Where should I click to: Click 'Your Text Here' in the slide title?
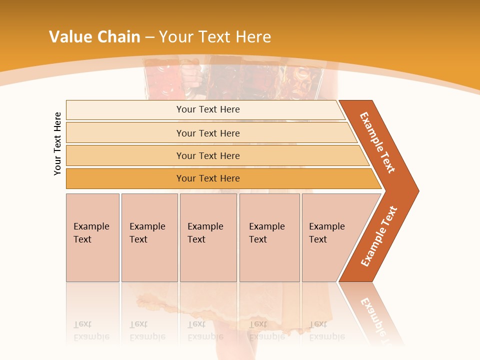pos(215,37)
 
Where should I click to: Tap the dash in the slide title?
pos(149,37)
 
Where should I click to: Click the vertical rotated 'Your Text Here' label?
pos(57,143)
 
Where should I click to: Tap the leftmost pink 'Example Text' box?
pos(92,237)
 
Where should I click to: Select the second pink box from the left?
pos(149,237)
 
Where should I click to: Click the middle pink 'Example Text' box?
pos(208,237)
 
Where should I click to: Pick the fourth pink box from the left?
pos(269,237)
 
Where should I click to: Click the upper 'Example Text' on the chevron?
pos(377,142)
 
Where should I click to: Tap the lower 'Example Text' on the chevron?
pos(379,236)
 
